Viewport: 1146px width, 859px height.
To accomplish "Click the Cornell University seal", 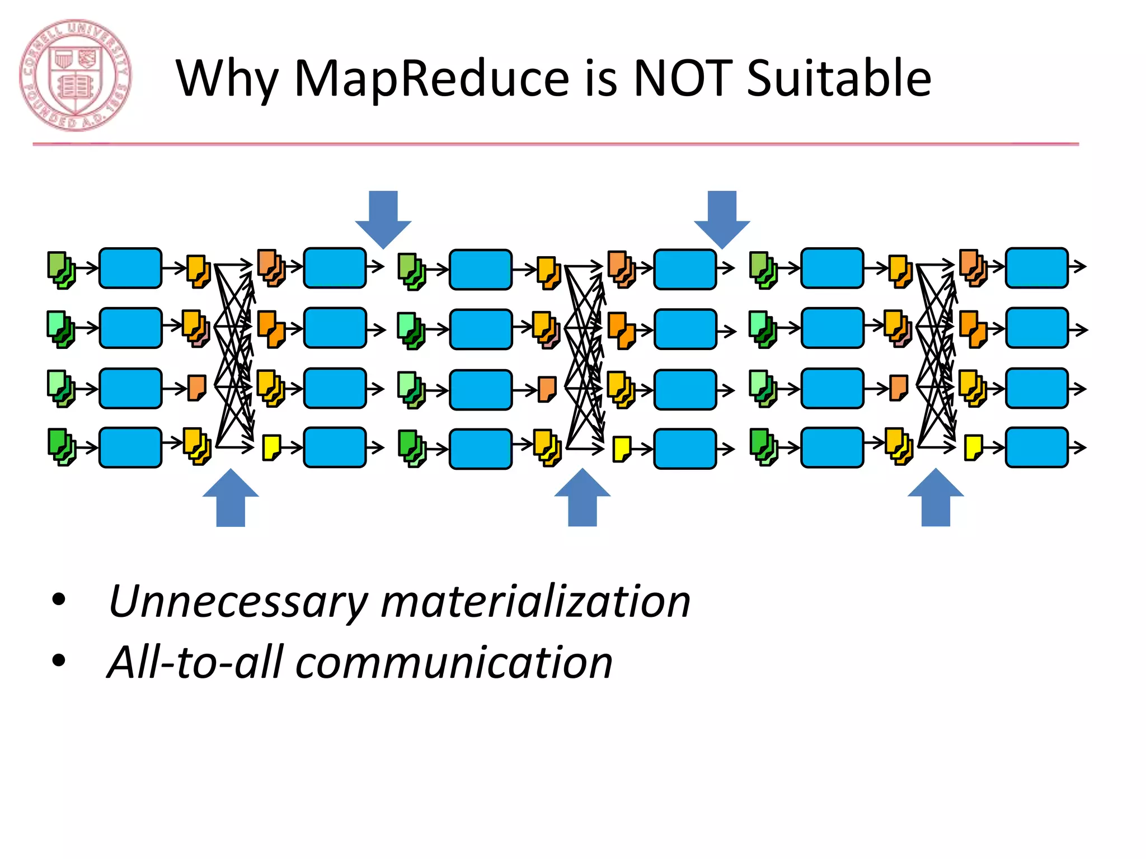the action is pos(76,75).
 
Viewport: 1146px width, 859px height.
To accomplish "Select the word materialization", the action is pos(536,601).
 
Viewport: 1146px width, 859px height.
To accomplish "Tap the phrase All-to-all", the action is pos(195,662).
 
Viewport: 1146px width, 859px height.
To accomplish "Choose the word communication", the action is pos(454,663).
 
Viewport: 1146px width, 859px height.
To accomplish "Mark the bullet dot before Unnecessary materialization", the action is pos(58,600).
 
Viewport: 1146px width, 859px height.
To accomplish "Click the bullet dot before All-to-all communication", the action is pos(58,661).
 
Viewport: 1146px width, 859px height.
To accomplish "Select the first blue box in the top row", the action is pos(130,268).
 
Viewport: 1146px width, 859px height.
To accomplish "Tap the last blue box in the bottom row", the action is pos(1037,447).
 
